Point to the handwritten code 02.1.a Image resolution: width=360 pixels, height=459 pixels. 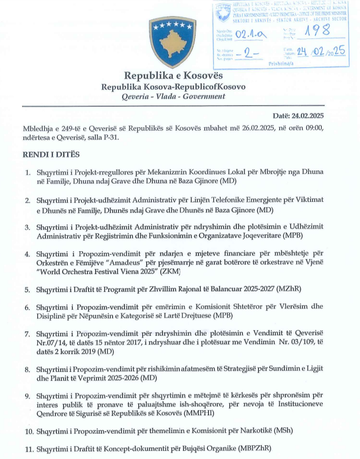(x=251, y=35)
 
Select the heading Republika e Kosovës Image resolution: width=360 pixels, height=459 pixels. (x=173, y=76)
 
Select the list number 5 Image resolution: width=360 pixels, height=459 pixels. (x=27, y=290)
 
